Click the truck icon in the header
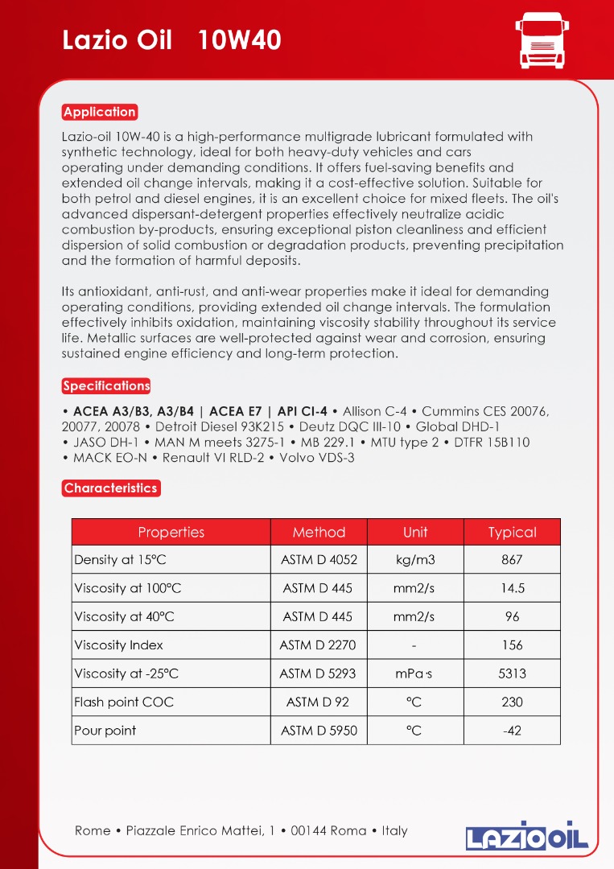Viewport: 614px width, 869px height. [540, 40]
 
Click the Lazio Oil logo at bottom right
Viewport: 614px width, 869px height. [527, 836]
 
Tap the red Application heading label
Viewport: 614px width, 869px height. [100, 112]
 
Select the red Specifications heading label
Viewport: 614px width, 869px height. [106, 386]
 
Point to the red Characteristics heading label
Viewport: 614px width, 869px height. [110, 488]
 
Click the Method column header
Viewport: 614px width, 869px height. [319, 532]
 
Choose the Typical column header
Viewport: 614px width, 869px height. [512, 532]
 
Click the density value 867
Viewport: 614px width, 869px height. [512, 560]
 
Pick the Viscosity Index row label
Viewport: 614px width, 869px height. [118, 645]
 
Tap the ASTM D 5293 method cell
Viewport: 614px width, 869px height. [318, 673]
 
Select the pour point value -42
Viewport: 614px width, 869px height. [512, 731]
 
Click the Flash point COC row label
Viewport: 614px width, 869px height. [123, 702]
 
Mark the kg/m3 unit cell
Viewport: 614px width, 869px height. [415, 560]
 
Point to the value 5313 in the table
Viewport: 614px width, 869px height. [512, 673]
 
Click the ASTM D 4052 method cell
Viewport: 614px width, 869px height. [319, 560]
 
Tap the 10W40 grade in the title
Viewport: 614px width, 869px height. [240, 40]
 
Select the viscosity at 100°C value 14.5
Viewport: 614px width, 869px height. [512, 588]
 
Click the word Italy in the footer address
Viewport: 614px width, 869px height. [394, 830]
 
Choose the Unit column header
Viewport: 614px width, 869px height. [415, 532]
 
